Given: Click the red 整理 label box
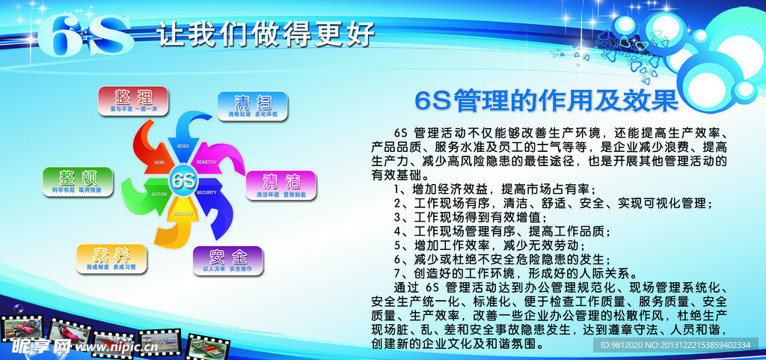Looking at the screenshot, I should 133,100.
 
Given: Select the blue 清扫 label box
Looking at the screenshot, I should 252,106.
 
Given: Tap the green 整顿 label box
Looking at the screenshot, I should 78,181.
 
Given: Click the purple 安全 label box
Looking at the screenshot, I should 228,260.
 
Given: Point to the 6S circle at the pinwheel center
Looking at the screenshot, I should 183,180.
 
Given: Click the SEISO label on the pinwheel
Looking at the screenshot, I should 183,146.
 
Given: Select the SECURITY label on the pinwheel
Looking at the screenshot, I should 207,193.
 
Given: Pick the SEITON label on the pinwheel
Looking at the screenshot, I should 159,194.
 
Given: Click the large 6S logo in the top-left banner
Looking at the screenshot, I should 85,34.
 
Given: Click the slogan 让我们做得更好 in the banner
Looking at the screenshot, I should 266,34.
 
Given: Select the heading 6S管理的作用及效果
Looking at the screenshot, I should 546,100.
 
